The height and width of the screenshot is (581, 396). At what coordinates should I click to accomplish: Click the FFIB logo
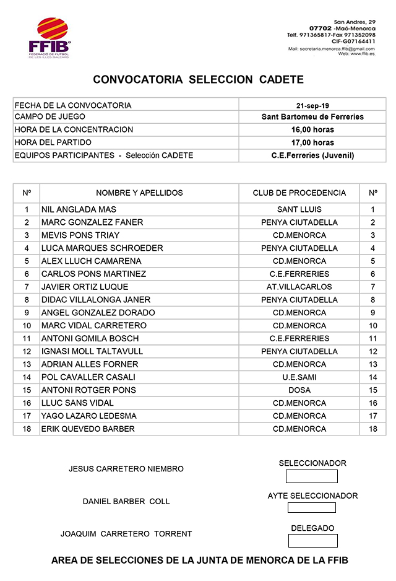[50, 38]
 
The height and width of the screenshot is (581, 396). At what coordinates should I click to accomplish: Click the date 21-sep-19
[312, 105]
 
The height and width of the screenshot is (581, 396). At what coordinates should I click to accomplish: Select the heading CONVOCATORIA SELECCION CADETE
[198, 80]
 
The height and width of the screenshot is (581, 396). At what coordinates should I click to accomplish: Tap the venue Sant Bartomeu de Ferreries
[312, 117]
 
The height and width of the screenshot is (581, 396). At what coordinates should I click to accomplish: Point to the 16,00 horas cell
[312, 129]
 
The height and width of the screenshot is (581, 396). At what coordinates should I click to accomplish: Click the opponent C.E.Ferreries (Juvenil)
[312, 155]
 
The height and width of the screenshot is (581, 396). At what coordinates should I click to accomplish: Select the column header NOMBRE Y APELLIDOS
[139, 193]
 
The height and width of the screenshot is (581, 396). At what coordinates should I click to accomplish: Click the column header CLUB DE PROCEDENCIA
[299, 193]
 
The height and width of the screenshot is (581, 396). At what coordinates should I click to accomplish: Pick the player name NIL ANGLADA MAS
[79, 209]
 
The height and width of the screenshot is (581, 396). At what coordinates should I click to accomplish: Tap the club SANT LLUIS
[299, 209]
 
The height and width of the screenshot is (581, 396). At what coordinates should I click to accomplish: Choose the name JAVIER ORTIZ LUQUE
[85, 287]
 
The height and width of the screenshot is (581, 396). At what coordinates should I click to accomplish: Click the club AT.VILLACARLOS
[299, 287]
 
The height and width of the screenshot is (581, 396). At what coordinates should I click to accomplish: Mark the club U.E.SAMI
[299, 377]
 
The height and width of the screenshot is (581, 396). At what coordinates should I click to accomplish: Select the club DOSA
[299, 390]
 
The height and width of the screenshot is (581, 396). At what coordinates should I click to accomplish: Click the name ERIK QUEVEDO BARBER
[88, 429]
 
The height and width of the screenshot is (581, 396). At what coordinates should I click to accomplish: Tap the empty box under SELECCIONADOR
[312, 476]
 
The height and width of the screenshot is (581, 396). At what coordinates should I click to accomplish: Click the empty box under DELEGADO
[312, 541]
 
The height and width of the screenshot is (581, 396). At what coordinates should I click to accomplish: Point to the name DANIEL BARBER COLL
[126, 501]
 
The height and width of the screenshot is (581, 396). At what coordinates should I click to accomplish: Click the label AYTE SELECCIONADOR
[312, 496]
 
